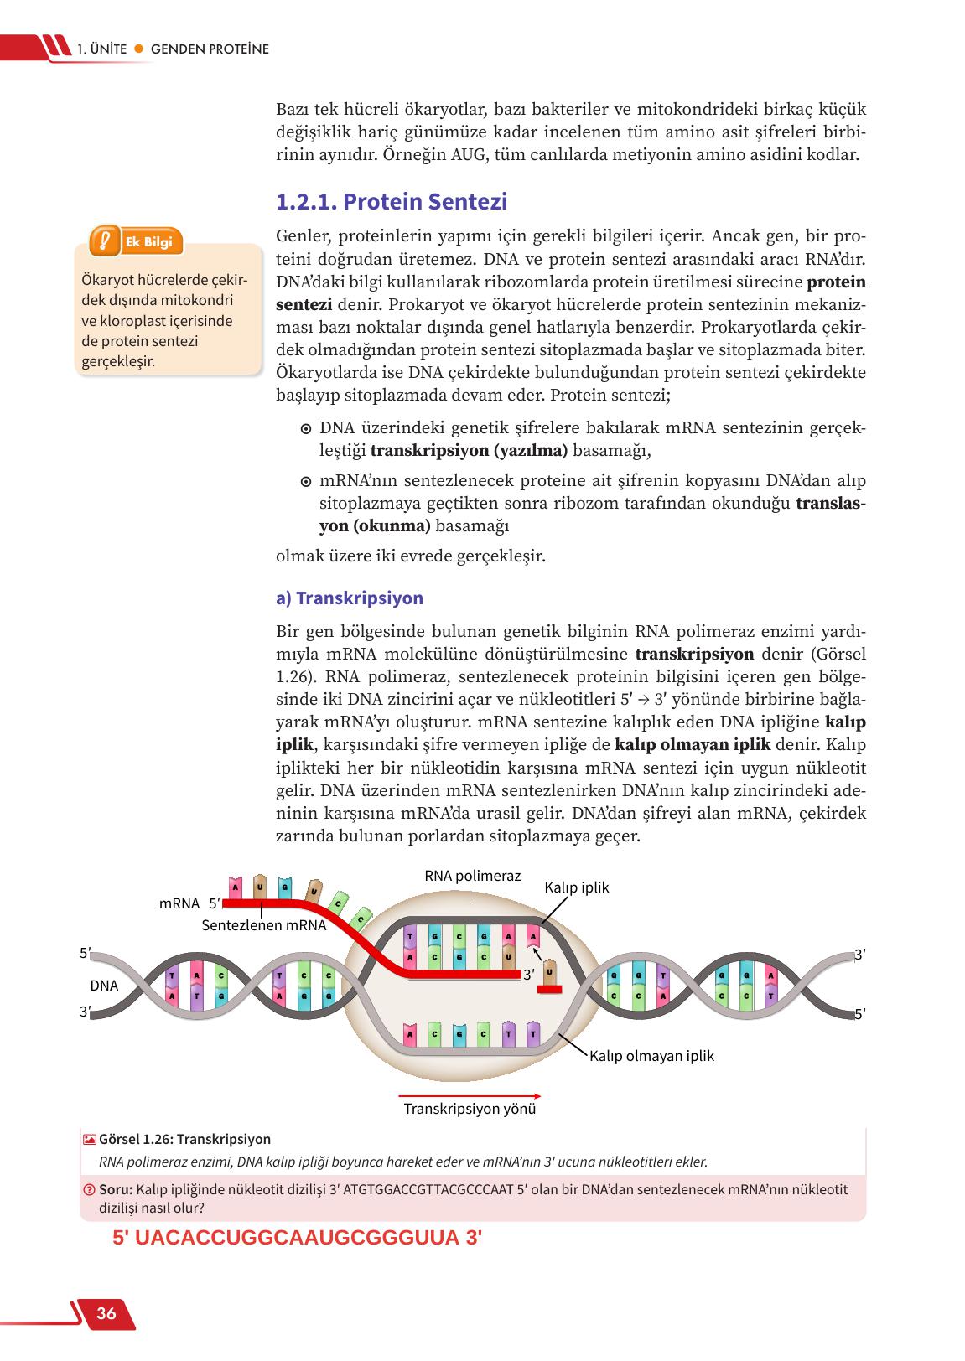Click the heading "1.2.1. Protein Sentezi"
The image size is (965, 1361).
[x=392, y=203]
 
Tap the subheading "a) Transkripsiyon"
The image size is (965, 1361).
[x=350, y=598]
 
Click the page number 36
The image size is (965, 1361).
[x=106, y=1313]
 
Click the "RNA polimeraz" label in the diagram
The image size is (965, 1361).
[x=472, y=876]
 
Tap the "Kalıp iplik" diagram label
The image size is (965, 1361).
[x=576, y=887]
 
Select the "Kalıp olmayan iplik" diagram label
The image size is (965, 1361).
[x=651, y=1056]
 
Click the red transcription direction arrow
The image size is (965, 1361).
[x=470, y=1095]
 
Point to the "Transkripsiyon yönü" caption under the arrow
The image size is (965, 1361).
[x=470, y=1109]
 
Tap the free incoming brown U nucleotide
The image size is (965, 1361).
[x=549, y=972]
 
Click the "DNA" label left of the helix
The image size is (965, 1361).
[x=105, y=986]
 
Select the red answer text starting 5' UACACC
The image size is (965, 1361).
[x=297, y=1238]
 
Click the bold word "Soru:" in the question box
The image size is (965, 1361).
[x=116, y=1189]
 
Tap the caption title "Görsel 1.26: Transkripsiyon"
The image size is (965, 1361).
[x=184, y=1140]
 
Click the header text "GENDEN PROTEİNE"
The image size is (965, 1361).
[x=210, y=49]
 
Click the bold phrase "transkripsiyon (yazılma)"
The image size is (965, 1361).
[x=469, y=451]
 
